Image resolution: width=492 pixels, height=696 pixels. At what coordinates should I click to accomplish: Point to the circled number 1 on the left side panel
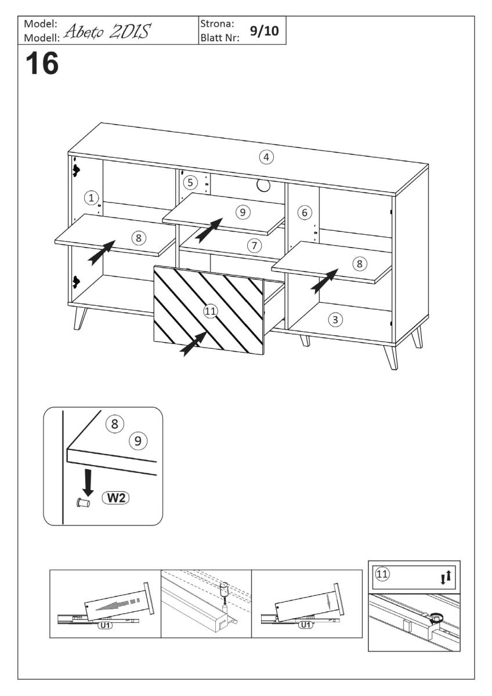pyautogui.click(x=91, y=198)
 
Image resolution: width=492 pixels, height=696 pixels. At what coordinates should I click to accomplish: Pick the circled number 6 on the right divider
pyautogui.click(x=303, y=212)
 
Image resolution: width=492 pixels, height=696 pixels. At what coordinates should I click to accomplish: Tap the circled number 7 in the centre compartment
pyautogui.click(x=254, y=245)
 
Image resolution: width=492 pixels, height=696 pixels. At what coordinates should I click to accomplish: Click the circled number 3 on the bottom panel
pyautogui.click(x=334, y=319)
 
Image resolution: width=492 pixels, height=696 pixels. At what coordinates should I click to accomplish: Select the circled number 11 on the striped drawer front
pyautogui.click(x=210, y=311)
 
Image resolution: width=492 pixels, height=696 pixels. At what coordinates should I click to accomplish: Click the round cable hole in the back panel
pyautogui.click(x=262, y=185)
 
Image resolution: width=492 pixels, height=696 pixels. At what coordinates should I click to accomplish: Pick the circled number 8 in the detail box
pyautogui.click(x=115, y=424)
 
